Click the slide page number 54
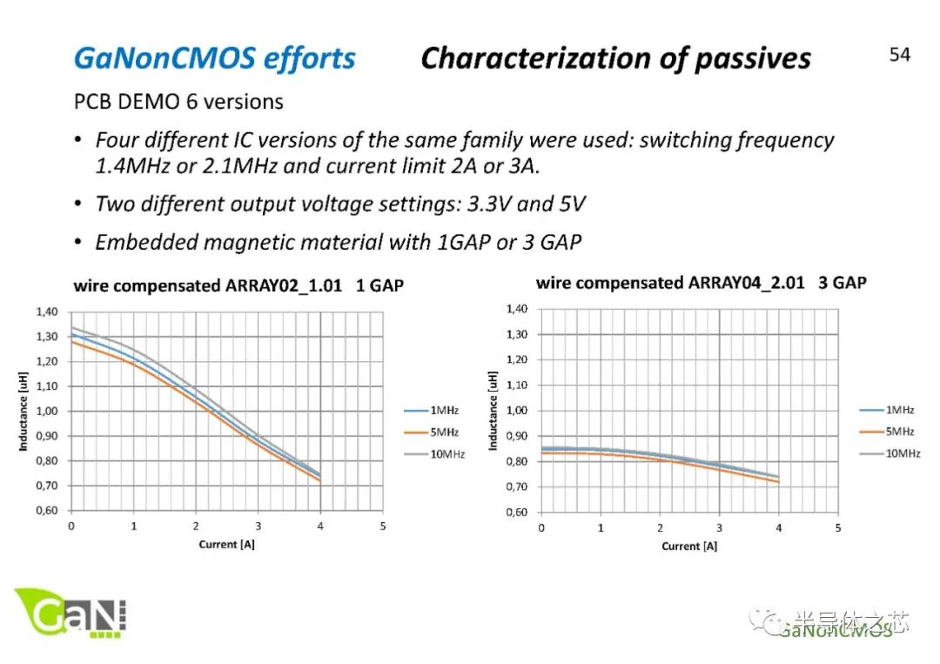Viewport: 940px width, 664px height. (x=899, y=55)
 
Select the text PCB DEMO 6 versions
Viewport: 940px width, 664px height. (x=178, y=102)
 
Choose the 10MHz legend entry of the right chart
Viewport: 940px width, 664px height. (x=903, y=453)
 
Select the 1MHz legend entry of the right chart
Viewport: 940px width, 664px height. (x=900, y=409)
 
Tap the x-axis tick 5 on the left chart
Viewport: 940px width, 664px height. (x=383, y=527)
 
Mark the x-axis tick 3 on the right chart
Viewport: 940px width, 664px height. (x=719, y=528)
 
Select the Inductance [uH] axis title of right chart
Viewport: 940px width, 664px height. (x=493, y=411)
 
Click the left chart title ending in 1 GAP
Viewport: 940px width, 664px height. (x=238, y=285)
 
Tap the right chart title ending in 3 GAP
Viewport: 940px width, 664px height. (x=701, y=283)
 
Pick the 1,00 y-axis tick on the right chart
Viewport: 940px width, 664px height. (x=517, y=411)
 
